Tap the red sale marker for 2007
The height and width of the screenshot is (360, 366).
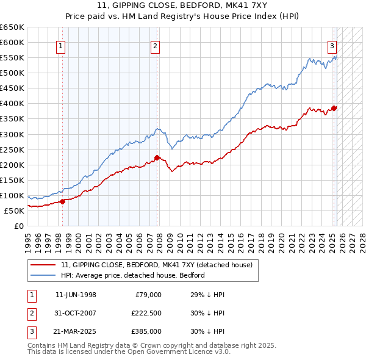pyautogui.click(x=157, y=157)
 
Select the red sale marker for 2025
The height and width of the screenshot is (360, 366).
pyautogui.click(x=334, y=108)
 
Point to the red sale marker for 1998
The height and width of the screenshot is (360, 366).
pyautogui.click(x=62, y=201)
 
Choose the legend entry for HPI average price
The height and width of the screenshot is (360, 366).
pyautogui.click(x=133, y=275)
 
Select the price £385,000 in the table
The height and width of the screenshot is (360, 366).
pyautogui.click(x=146, y=331)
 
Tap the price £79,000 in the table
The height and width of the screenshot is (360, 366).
pyautogui.click(x=148, y=295)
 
